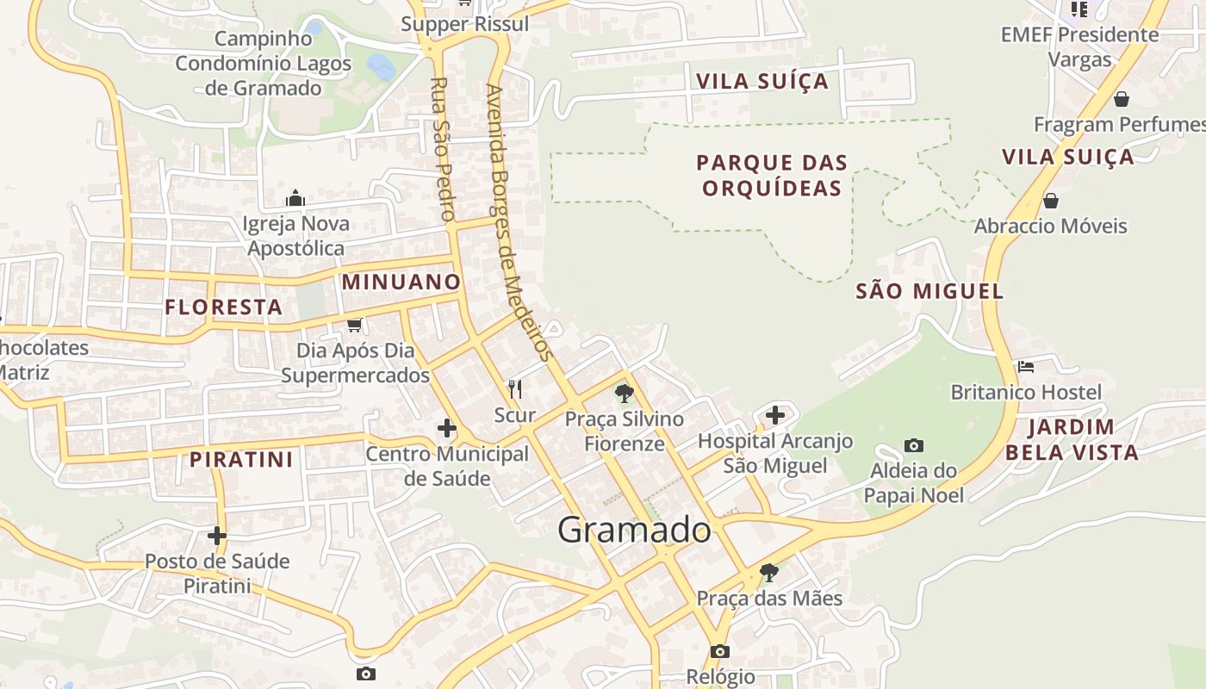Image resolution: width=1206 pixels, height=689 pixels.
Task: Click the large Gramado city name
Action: click(x=634, y=530)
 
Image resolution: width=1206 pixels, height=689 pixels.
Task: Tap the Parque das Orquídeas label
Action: click(x=772, y=176)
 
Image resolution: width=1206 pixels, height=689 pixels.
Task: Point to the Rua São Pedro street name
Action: click(x=442, y=149)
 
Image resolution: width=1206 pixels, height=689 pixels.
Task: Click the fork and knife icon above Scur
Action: click(x=515, y=389)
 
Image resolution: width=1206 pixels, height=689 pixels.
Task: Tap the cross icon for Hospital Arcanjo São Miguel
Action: click(x=775, y=415)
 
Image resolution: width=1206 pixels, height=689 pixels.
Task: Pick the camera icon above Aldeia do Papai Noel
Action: click(x=914, y=445)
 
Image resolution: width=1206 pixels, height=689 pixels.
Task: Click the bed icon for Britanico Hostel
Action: click(x=1025, y=367)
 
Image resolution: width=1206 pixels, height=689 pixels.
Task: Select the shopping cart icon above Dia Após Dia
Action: click(x=354, y=325)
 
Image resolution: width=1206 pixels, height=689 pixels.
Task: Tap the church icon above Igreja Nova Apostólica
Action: click(x=295, y=199)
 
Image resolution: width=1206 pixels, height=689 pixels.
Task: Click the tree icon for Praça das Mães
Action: click(x=769, y=572)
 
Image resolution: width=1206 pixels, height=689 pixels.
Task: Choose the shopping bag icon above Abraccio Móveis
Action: click(x=1050, y=201)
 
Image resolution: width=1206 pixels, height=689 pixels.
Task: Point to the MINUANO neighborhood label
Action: click(x=401, y=282)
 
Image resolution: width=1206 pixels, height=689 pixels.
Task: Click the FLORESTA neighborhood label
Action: click(x=224, y=307)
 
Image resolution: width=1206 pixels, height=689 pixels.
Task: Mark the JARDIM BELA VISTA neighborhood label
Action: click(x=1072, y=439)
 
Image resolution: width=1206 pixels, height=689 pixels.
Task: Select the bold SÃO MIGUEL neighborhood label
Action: click(x=929, y=291)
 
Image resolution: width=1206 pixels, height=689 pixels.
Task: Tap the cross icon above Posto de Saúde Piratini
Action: click(x=216, y=536)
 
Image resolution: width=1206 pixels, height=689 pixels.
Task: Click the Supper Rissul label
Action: click(x=465, y=24)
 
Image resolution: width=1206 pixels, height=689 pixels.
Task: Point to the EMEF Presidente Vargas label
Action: click(x=1079, y=47)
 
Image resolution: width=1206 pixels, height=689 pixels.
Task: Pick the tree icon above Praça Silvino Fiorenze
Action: click(x=625, y=394)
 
